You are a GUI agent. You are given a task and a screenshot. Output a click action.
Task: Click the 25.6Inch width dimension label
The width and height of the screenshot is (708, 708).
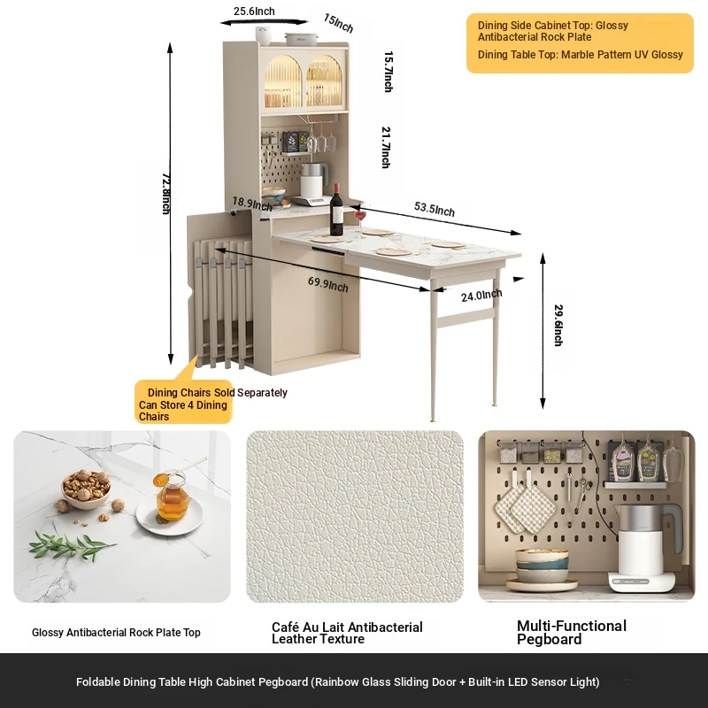pyautogui.click(x=254, y=12)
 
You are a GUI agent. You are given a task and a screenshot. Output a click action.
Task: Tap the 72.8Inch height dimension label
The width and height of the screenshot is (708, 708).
pyautogui.click(x=166, y=193)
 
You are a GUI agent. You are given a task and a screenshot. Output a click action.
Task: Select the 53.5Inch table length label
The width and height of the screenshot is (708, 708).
pyautogui.click(x=435, y=209)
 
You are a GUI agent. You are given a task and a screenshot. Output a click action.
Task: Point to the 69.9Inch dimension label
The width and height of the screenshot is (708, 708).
pyautogui.click(x=327, y=284)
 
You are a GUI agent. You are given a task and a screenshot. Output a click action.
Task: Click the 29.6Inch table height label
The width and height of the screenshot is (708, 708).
pyautogui.click(x=558, y=325)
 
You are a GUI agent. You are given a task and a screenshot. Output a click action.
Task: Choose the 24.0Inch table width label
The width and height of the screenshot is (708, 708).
pyautogui.click(x=481, y=296)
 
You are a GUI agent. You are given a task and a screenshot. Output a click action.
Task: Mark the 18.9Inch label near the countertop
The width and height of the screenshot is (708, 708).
pyautogui.click(x=252, y=204)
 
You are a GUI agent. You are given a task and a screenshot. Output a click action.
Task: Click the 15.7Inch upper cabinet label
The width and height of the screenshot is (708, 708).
pyautogui.click(x=389, y=72)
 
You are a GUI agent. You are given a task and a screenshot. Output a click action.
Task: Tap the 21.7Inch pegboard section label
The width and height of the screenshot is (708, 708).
pyautogui.click(x=386, y=147)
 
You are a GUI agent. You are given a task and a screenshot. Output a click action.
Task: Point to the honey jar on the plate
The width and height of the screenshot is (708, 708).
pyautogui.click(x=172, y=496)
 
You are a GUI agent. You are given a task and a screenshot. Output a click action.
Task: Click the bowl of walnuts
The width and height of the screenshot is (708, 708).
pyautogui.click(x=86, y=489)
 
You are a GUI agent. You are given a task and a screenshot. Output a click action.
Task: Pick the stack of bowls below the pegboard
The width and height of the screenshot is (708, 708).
pyautogui.click(x=542, y=570)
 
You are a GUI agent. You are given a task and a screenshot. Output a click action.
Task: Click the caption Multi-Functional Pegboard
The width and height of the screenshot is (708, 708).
pyautogui.click(x=572, y=632)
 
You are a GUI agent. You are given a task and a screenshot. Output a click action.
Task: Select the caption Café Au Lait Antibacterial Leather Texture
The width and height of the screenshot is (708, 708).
pyautogui.click(x=347, y=633)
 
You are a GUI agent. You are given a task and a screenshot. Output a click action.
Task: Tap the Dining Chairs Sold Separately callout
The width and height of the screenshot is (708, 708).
pyautogui.click(x=217, y=392)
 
